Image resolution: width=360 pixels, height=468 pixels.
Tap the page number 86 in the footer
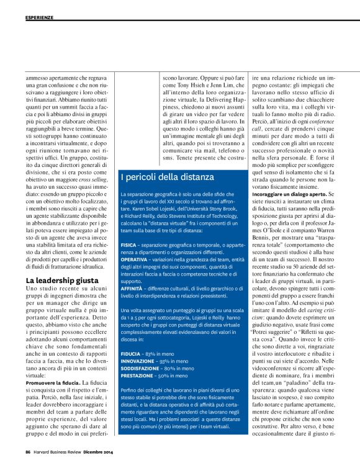(x=29, y=452)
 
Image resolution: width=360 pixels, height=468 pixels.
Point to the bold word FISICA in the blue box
(x=129, y=246)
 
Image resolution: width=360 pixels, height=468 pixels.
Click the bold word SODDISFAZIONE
(x=143, y=368)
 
